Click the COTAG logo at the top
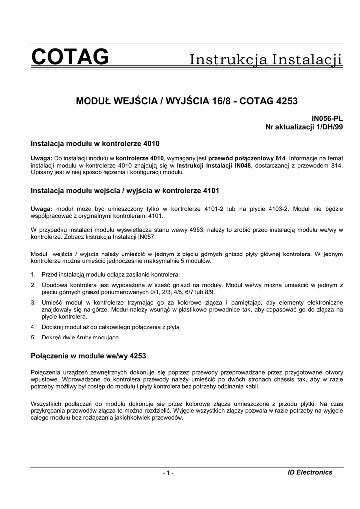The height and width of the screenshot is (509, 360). click(x=70, y=58)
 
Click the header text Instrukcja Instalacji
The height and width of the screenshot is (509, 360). click(x=267, y=60)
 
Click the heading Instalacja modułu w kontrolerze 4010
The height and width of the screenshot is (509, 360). click(x=95, y=144)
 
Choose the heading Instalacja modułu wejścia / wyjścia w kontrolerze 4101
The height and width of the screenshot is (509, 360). click(x=125, y=190)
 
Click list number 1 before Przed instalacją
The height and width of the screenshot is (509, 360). click(x=33, y=275)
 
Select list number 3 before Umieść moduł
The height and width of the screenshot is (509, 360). click(x=33, y=302)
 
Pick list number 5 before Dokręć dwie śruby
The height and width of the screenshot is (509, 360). click(x=33, y=337)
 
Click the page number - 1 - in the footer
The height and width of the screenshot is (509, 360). click(x=168, y=473)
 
